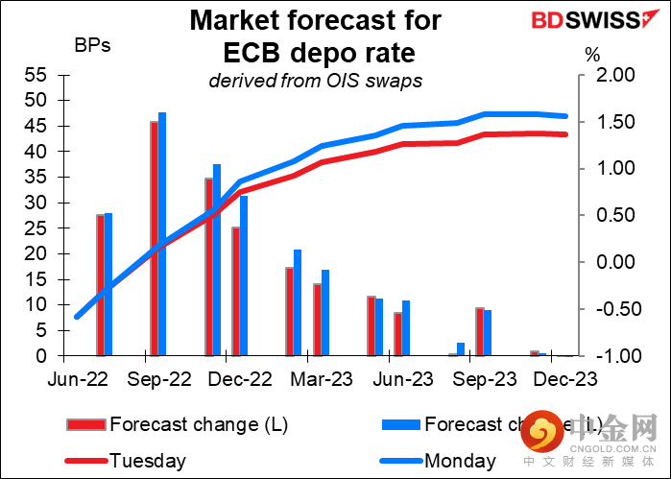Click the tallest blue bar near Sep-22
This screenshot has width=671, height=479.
click(x=162, y=234)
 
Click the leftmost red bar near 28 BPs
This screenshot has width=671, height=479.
click(x=100, y=285)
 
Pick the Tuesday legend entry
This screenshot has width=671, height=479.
click(x=144, y=460)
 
